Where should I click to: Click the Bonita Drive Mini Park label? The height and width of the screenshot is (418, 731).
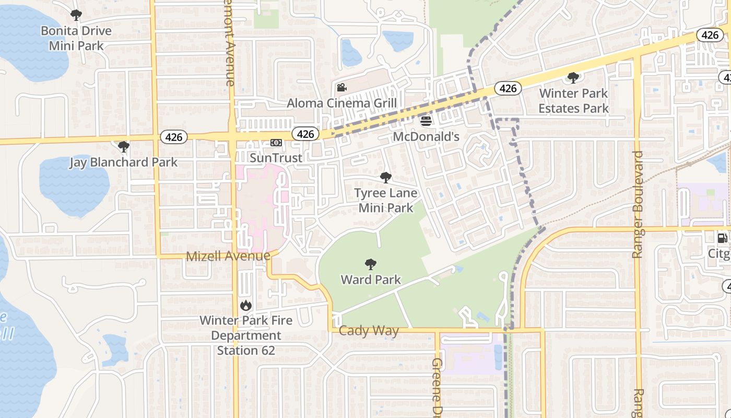tap(76, 38)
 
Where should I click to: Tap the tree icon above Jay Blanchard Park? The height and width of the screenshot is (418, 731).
tap(124, 147)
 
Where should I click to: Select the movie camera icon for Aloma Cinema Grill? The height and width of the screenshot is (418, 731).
tap(342, 87)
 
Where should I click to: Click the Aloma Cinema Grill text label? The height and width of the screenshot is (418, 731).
tap(341, 103)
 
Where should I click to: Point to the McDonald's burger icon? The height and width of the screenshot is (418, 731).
tap(426, 121)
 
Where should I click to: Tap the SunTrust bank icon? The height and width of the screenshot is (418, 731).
tap(276, 143)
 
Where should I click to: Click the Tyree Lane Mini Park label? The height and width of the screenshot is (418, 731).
tap(386, 200)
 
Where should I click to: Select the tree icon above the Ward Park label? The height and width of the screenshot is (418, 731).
tap(371, 264)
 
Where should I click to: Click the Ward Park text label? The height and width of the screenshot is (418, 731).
tap(371, 280)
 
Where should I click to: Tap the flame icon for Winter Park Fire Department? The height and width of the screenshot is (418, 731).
tap(245, 305)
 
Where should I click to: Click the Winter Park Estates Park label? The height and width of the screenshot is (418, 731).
tap(573, 101)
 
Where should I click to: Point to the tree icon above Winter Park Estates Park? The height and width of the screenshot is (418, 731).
tap(573, 78)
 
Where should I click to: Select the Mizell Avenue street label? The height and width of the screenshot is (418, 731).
tap(228, 256)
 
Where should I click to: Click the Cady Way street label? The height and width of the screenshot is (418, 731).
tap(369, 330)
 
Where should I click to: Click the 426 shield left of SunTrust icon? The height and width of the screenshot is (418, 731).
tap(173, 137)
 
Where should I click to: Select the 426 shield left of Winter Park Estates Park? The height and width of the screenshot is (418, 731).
tap(508, 88)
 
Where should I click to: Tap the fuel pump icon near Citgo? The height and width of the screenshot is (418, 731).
tap(723, 238)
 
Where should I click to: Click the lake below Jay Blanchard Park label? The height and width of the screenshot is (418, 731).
tap(73, 188)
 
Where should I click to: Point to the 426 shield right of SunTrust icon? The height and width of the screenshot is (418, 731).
tap(305, 134)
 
